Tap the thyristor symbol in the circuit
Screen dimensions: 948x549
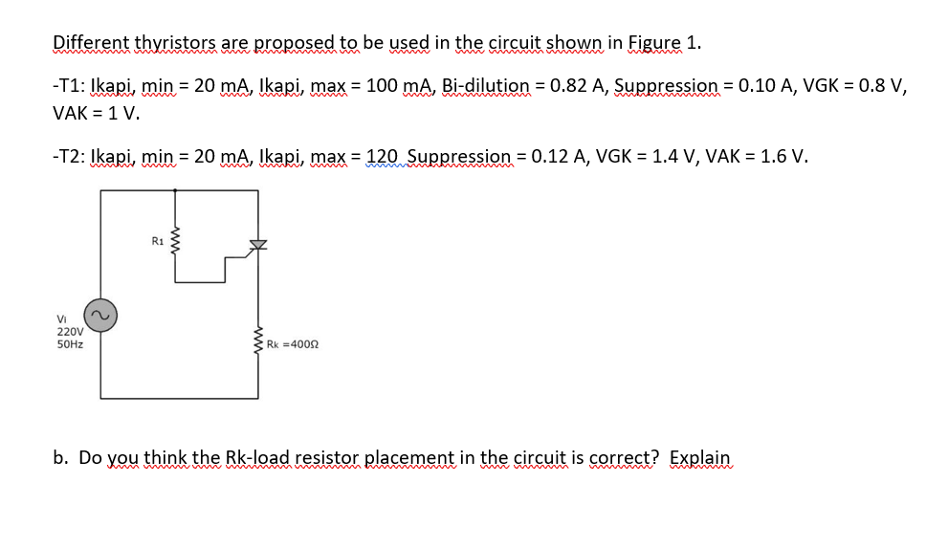click(x=257, y=244)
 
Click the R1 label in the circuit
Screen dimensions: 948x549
click(x=157, y=240)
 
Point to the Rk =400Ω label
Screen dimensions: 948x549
click(x=292, y=344)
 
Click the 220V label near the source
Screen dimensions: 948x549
click(x=69, y=332)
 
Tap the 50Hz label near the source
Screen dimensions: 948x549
click(x=70, y=344)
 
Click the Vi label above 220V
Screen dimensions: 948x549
click(x=61, y=319)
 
